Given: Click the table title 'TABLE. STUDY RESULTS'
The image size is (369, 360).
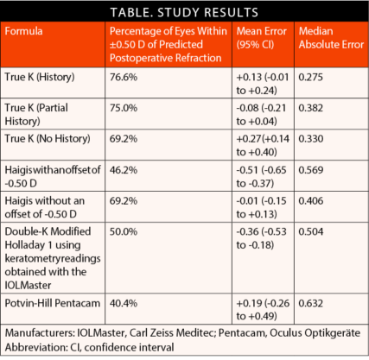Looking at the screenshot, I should pos(184,12).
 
